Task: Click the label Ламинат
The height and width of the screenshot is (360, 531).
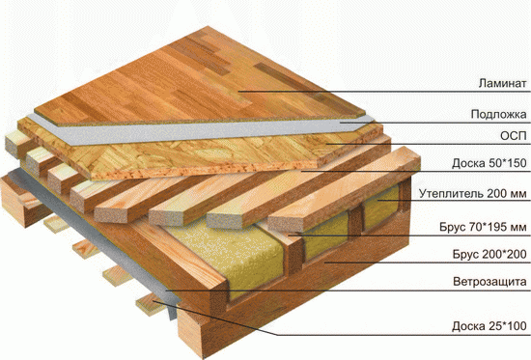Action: click(x=503, y=83)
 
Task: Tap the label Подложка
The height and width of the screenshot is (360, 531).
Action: click(x=498, y=114)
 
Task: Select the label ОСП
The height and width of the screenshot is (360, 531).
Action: click(x=514, y=136)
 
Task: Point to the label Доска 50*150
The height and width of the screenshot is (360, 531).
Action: click(x=489, y=163)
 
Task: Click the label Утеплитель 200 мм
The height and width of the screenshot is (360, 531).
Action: click(x=473, y=194)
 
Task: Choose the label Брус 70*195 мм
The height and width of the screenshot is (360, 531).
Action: click(x=483, y=227)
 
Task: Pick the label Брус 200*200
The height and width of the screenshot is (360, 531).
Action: click(x=489, y=254)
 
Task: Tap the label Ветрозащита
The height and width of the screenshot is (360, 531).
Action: click(x=489, y=282)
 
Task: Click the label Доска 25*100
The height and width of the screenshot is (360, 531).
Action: click(x=489, y=326)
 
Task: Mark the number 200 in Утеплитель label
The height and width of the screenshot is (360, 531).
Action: click(x=497, y=194)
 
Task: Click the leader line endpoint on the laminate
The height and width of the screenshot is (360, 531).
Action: click(x=238, y=91)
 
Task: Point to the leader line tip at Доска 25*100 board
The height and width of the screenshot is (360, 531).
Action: click(x=154, y=300)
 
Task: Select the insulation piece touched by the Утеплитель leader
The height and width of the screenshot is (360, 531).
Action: click(x=381, y=207)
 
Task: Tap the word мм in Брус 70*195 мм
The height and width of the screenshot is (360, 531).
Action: click(x=519, y=228)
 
